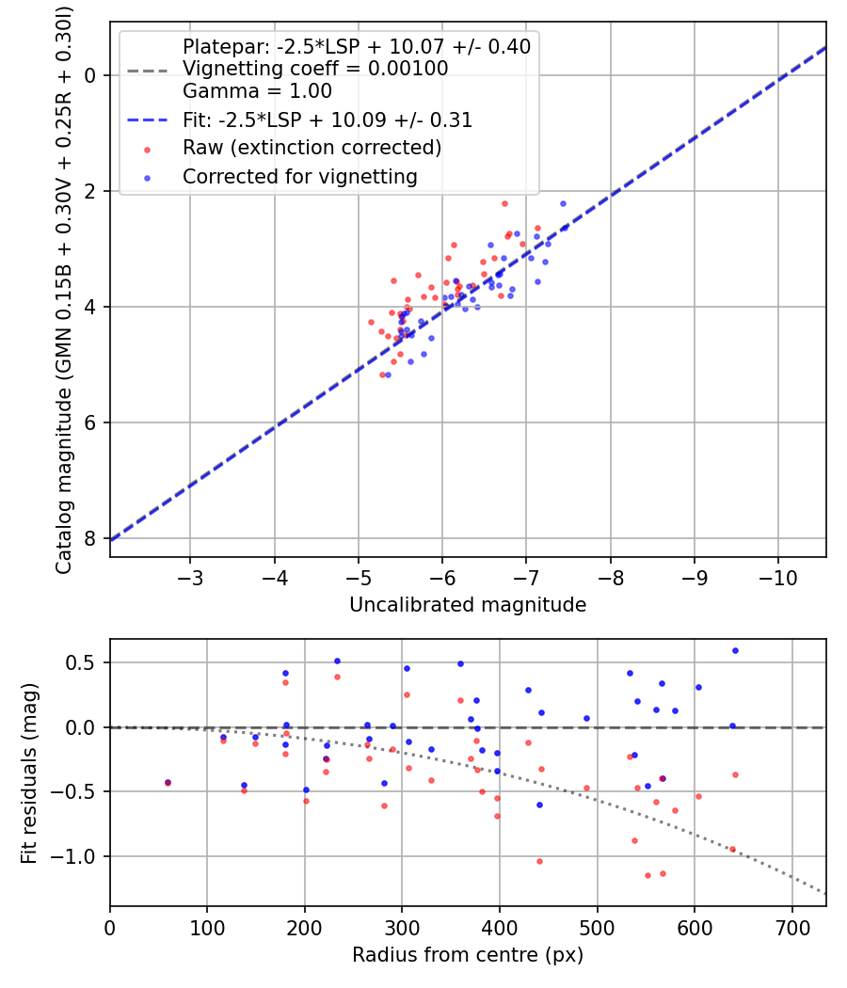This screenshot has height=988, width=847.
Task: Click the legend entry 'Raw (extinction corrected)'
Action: click(312, 148)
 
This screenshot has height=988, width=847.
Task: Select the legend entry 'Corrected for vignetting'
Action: click(299, 176)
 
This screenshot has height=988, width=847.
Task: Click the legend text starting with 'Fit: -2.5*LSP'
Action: click(328, 120)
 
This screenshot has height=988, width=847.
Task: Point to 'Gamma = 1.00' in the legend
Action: click(257, 91)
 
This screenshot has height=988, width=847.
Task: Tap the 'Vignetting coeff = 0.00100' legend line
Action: click(315, 69)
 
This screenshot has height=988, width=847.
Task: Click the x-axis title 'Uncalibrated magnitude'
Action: click(468, 605)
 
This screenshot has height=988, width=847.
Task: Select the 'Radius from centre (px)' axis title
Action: click(468, 955)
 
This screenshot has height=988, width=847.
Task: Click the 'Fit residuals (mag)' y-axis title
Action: click(29, 773)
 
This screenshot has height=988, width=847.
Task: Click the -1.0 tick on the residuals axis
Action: click(80, 856)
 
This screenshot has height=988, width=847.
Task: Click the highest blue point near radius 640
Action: click(735, 650)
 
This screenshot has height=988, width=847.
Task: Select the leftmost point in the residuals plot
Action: click(168, 782)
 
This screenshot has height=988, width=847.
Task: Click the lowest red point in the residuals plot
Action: click(647, 875)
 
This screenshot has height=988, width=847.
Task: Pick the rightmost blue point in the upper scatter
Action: click(563, 203)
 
